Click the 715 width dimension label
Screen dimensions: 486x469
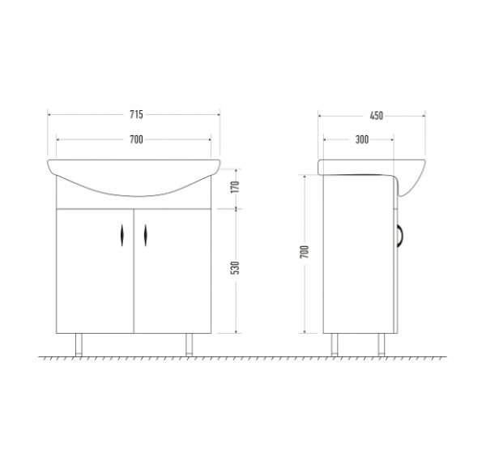(x=136, y=115)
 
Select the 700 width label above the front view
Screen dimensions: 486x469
(x=136, y=139)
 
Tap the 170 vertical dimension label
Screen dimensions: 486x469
(x=236, y=187)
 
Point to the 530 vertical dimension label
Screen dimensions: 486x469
(x=236, y=268)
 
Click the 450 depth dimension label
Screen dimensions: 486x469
(x=377, y=116)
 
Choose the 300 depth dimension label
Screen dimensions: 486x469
(x=362, y=139)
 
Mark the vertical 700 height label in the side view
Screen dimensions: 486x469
(x=305, y=252)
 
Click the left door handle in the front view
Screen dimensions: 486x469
(x=122, y=235)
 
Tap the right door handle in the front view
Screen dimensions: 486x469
(x=145, y=235)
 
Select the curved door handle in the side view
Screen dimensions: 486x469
(x=402, y=236)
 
